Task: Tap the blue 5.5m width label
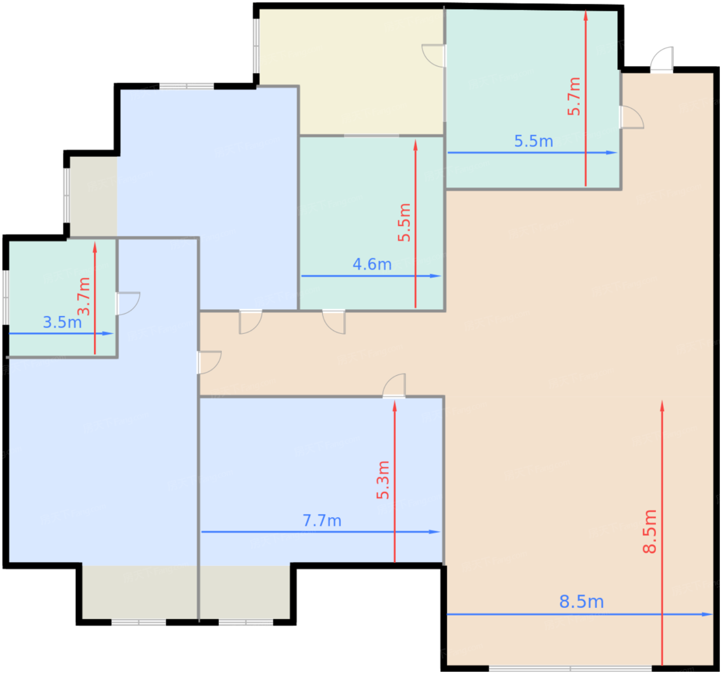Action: (x=533, y=141)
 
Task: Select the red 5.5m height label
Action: (x=404, y=222)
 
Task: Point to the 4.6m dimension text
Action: (x=372, y=265)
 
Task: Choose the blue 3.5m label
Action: (x=62, y=323)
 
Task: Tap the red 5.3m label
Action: (x=383, y=479)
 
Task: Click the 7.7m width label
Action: (x=322, y=521)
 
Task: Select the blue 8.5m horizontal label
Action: (x=581, y=602)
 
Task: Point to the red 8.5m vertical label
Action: (x=650, y=532)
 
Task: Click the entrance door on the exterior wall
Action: (x=661, y=60)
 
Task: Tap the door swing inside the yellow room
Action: (x=433, y=56)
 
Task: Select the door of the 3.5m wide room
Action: (x=127, y=303)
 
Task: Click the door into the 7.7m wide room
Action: (x=393, y=386)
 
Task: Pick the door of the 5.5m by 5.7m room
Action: (x=631, y=117)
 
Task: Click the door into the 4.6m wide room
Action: (x=333, y=322)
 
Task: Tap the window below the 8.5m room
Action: (x=570, y=668)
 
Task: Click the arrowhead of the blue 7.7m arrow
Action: (x=435, y=532)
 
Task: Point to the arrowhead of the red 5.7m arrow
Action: (x=585, y=16)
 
